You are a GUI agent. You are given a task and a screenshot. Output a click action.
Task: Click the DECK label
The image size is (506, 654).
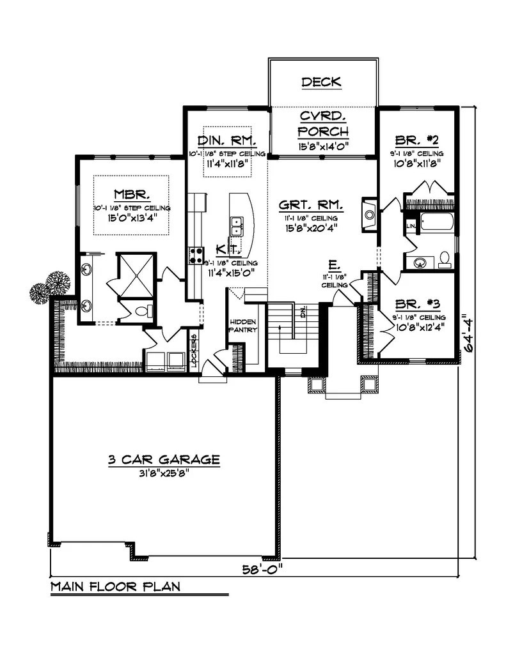[x=321, y=82]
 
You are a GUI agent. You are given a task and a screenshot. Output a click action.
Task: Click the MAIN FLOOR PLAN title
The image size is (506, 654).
[x=115, y=585]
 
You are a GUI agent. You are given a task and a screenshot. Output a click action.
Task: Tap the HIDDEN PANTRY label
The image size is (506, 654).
[x=243, y=326]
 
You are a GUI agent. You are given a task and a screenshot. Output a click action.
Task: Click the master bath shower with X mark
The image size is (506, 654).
[x=134, y=273]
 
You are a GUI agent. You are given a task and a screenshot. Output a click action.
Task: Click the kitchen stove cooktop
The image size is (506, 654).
[x=195, y=255]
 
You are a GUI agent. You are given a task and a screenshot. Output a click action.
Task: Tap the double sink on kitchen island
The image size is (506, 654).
[x=236, y=225]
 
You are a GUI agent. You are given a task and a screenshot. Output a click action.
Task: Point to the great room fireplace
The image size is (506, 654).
[x=370, y=213]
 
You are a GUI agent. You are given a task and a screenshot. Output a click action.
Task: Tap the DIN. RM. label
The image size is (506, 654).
[x=227, y=141]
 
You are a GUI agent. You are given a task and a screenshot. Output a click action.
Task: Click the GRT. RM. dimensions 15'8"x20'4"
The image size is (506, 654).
[x=312, y=226]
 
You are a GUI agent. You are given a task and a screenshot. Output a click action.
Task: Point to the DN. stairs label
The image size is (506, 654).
[x=303, y=312]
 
